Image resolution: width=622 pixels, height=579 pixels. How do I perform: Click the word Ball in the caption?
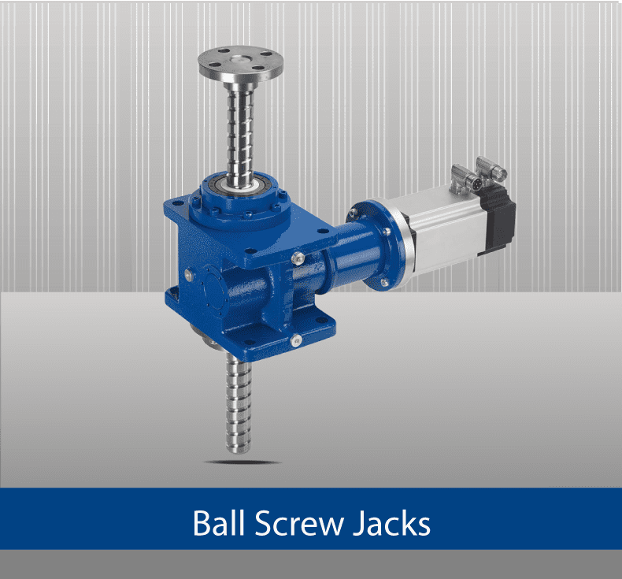218,523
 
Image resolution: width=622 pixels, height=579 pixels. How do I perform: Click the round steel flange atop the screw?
241,63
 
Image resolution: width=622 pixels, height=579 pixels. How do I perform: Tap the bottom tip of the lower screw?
238,451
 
